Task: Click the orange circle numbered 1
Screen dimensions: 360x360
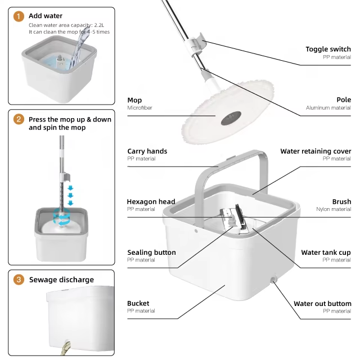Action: (x=19, y=16)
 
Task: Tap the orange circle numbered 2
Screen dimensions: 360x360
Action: (x=19, y=119)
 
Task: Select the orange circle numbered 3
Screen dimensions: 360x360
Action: (x=19, y=280)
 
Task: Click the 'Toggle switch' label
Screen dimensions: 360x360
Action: (x=328, y=49)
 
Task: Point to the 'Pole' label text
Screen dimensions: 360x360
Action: (x=344, y=100)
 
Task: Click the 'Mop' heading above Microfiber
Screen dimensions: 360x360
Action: (x=134, y=100)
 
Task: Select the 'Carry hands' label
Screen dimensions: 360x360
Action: (x=147, y=151)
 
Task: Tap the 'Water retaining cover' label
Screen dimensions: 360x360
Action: (x=316, y=151)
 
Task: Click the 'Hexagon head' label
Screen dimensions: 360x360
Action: (x=151, y=201)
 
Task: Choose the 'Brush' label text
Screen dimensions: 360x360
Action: (x=341, y=201)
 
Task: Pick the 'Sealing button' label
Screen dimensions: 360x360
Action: (x=151, y=253)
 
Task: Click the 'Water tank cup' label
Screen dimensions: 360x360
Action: (x=326, y=253)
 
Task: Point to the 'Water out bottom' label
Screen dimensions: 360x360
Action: (x=322, y=304)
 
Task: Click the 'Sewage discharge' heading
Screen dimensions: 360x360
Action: (x=61, y=280)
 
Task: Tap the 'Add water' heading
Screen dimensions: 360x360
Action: (x=46, y=16)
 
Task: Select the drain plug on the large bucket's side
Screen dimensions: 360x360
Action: (x=273, y=280)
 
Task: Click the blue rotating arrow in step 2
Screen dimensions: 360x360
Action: (x=60, y=217)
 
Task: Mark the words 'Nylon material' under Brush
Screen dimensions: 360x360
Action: (x=334, y=209)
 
